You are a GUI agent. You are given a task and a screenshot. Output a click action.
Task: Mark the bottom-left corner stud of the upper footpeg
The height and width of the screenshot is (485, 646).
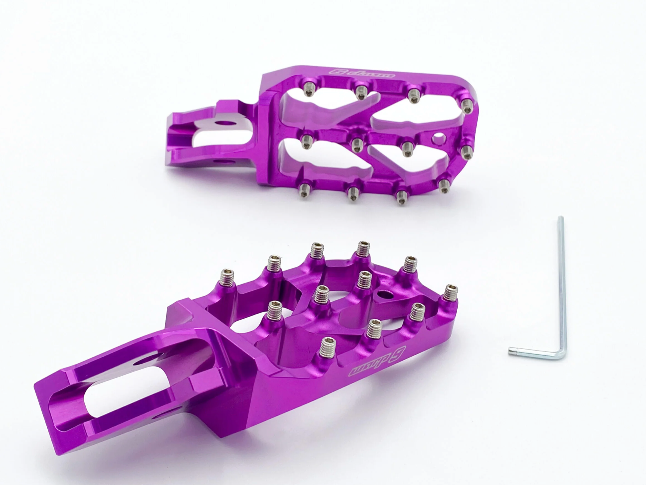303,187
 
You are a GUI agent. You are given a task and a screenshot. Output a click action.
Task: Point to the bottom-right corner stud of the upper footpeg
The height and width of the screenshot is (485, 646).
445,185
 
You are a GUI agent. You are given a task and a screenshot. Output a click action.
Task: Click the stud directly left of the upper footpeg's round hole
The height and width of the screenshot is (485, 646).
407,148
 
